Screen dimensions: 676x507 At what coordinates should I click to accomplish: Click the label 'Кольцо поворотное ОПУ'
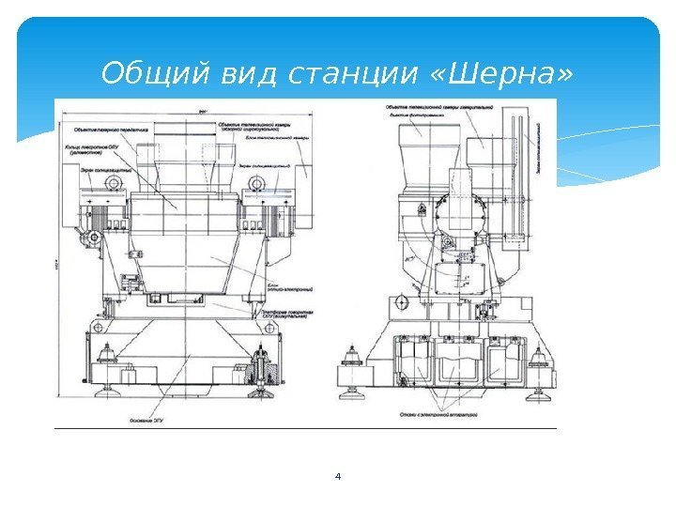click(92, 149)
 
